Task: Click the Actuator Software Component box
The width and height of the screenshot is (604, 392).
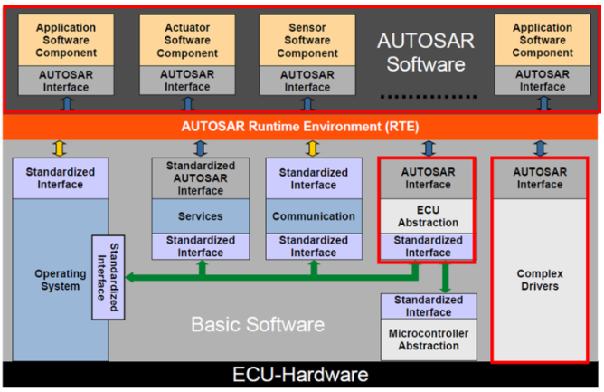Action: click(x=187, y=41)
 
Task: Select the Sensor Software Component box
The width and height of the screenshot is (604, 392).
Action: click(x=307, y=41)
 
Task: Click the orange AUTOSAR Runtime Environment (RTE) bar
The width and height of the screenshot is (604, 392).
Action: click(x=301, y=126)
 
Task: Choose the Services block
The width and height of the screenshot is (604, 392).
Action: click(x=200, y=216)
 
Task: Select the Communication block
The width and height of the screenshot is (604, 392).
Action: click(x=313, y=216)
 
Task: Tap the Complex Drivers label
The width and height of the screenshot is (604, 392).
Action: click(x=540, y=280)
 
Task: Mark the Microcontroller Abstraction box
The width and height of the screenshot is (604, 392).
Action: click(x=428, y=339)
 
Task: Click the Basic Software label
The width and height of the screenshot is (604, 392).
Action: click(x=258, y=323)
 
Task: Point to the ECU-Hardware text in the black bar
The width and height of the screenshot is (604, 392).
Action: click(x=301, y=374)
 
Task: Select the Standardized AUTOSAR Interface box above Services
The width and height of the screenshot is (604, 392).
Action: click(x=200, y=177)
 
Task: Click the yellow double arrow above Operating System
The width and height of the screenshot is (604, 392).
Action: click(x=60, y=148)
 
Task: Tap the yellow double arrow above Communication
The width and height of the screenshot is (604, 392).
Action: click(x=313, y=148)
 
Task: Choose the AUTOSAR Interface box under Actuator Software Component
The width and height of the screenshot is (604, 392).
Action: click(x=187, y=81)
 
